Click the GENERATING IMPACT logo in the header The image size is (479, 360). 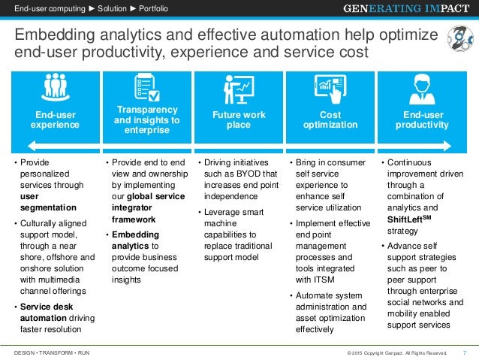[406, 9]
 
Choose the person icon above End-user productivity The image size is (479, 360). [420, 89]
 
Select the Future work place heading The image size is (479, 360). [239, 120]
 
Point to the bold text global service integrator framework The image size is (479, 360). [145, 207]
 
